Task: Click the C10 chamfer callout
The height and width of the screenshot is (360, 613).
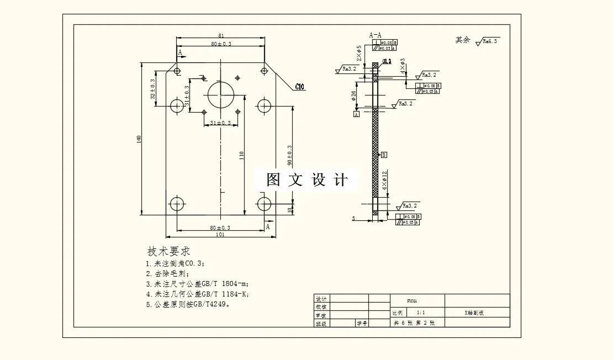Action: (x=300, y=87)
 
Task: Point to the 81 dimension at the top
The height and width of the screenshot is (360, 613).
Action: (x=220, y=35)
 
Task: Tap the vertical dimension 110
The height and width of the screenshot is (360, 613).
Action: (x=241, y=157)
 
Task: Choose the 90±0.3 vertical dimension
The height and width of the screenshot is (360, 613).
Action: (x=289, y=155)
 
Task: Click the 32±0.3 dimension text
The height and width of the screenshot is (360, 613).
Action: (x=153, y=89)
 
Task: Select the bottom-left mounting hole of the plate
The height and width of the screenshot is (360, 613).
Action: (x=177, y=204)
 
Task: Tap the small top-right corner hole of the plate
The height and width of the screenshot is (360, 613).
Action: (x=264, y=71)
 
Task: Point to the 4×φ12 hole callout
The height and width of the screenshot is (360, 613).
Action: (x=385, y=181)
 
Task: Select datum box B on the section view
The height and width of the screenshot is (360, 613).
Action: (x=384, y=155)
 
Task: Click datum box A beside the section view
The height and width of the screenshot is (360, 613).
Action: (x=356, y=114)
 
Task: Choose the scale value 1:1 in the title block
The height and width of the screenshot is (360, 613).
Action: (x=421, y=312)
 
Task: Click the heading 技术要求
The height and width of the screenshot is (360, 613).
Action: (x=169, y=251)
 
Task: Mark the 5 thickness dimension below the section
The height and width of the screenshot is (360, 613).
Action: (x=353, y=219)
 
